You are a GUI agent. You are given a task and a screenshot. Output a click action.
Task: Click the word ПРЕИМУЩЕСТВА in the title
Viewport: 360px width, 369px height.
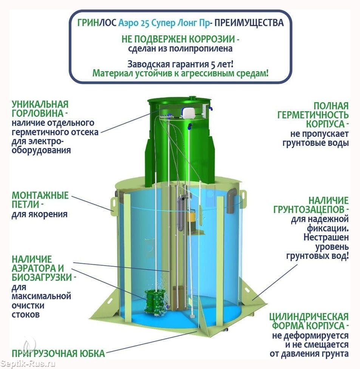[x=249, y=23]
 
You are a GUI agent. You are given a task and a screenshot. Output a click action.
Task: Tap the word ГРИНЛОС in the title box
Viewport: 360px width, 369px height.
[x=97, y=23]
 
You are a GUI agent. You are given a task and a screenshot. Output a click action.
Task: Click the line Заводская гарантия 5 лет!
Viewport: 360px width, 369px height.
[x=180, y=64]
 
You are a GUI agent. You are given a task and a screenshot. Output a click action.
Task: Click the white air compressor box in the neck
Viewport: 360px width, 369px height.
[x=189, y=113]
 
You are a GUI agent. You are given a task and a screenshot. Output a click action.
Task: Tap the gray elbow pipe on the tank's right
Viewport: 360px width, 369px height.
[x=232, y=200]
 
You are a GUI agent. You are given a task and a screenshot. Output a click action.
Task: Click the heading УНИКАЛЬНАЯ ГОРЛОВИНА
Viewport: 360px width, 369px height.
[x=40, y=109]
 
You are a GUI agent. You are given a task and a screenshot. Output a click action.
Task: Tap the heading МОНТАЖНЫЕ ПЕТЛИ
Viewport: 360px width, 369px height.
[x=40, y=200]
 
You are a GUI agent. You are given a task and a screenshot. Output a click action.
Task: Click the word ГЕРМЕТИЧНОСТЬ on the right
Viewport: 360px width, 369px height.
[x=313, y=115]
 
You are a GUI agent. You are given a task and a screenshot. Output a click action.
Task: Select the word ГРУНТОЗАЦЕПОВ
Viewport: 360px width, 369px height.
[x=311, y=209]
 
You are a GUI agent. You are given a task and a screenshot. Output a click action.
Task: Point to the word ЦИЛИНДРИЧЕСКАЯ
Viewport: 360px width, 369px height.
[x=309, y=317]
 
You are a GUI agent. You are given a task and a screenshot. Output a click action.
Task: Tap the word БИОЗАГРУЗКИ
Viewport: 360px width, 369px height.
[x=42, y=277]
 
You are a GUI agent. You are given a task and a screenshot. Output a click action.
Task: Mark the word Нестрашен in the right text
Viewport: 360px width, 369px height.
[x=326, y=237]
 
